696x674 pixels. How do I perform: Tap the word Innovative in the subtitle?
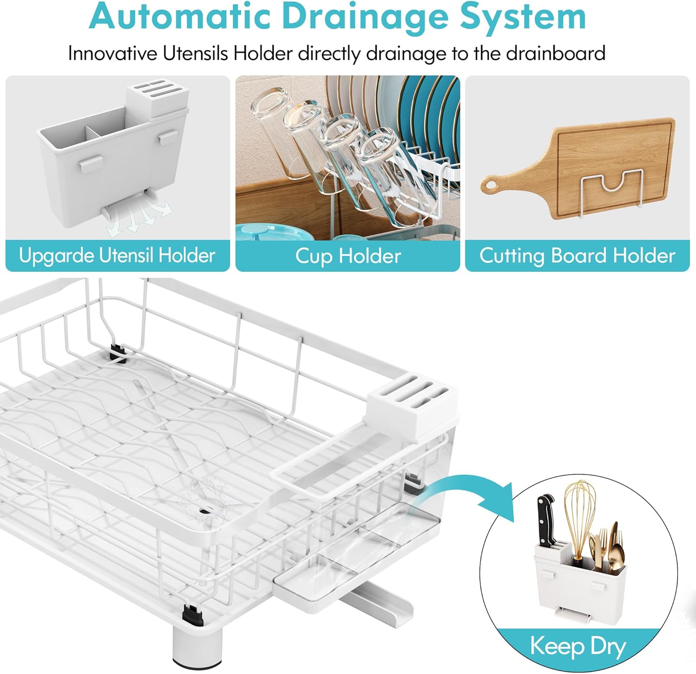pos(112,53)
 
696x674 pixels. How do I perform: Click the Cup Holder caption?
pos(348,256)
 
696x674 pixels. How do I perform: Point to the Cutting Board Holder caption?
pos(577,256)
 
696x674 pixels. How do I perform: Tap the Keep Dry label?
pos(578,646)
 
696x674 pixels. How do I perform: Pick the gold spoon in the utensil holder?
pos(616,548)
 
